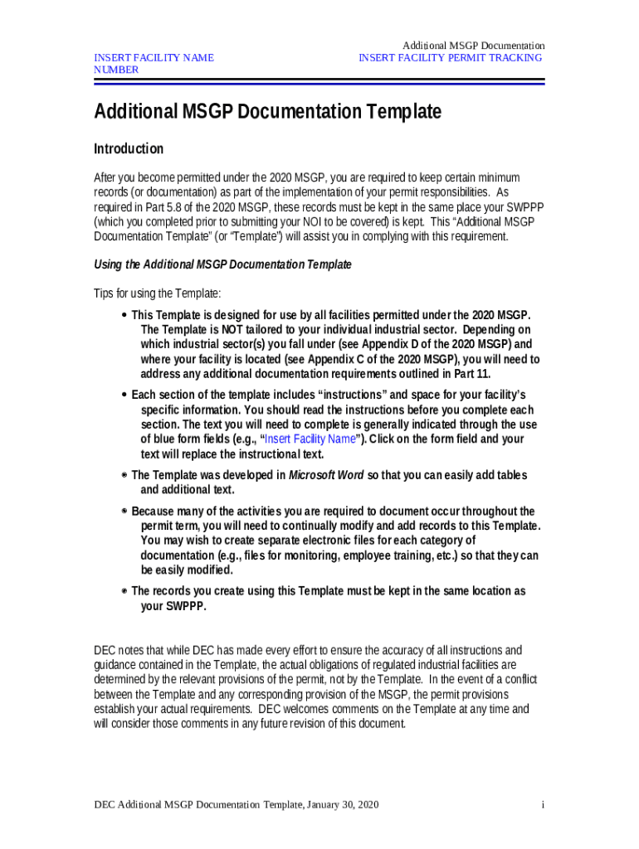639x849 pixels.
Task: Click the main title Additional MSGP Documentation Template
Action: tap(267, 112)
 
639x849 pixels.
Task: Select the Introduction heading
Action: tap(129, 149)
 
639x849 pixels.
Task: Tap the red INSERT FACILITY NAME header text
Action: tap(154, 57)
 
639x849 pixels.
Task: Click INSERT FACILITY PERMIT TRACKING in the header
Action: tap(451, 57)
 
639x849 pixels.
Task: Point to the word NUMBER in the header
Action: tap(116, 70)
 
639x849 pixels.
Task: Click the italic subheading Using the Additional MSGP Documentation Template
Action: tap(222, 264)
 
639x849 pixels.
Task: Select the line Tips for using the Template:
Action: tap(158, 294)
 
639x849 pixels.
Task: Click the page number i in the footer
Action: tap(542, 805)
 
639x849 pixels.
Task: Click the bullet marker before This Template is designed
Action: tap(124, 316)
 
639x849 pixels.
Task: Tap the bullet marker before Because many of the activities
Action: tap(124, 512)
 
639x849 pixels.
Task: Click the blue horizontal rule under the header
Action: tap(319, 82)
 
